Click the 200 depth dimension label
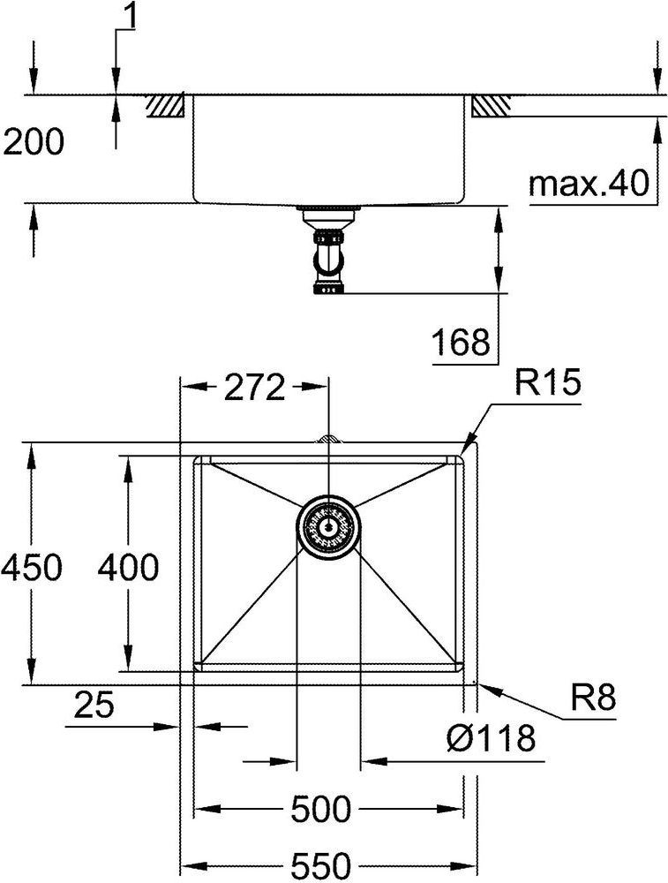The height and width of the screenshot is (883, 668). pyautogui.click(x=34, y=142)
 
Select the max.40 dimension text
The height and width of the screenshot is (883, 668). pyautogui.click(x=589, y=184)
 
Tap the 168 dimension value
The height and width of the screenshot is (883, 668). pyautogui.click(x=461, y=342)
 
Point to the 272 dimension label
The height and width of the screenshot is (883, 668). pyautogui.click(x=254, y=388)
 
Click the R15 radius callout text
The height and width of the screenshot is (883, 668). pyautogui.click(x=546, y=383)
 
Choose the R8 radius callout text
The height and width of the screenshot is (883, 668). pyautogui.click(x=594, y=698)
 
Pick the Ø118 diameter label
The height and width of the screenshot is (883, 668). pyautogui.click(x=491, y=738)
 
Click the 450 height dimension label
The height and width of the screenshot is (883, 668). pyautogui.click(x=31, y=567)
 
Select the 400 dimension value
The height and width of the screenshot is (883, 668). pyautogui.click(x=128, y=567)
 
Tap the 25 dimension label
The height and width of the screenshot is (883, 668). pyautogui.click(x=94, y=705)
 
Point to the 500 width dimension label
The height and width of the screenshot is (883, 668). pyautogui.click(x=321, y=809)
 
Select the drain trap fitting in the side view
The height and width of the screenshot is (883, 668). pyautogui.click(x=328, y=250)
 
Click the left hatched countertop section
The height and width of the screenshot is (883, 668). pyautogui.click(x=165, y=106)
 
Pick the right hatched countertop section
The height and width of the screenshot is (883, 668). pyautogui.click(x=491, y=106)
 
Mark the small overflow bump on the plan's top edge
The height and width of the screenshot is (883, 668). pyautogui.click(x=328, y=439)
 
